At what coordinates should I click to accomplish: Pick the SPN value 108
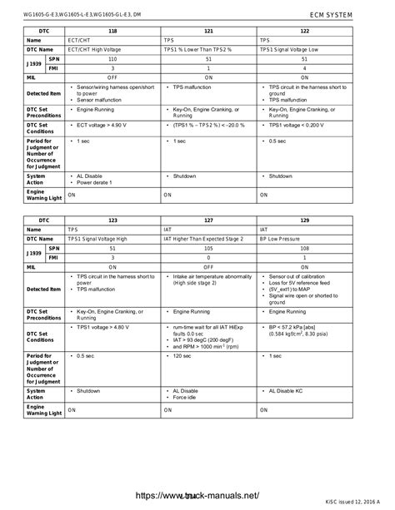(305, 248)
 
